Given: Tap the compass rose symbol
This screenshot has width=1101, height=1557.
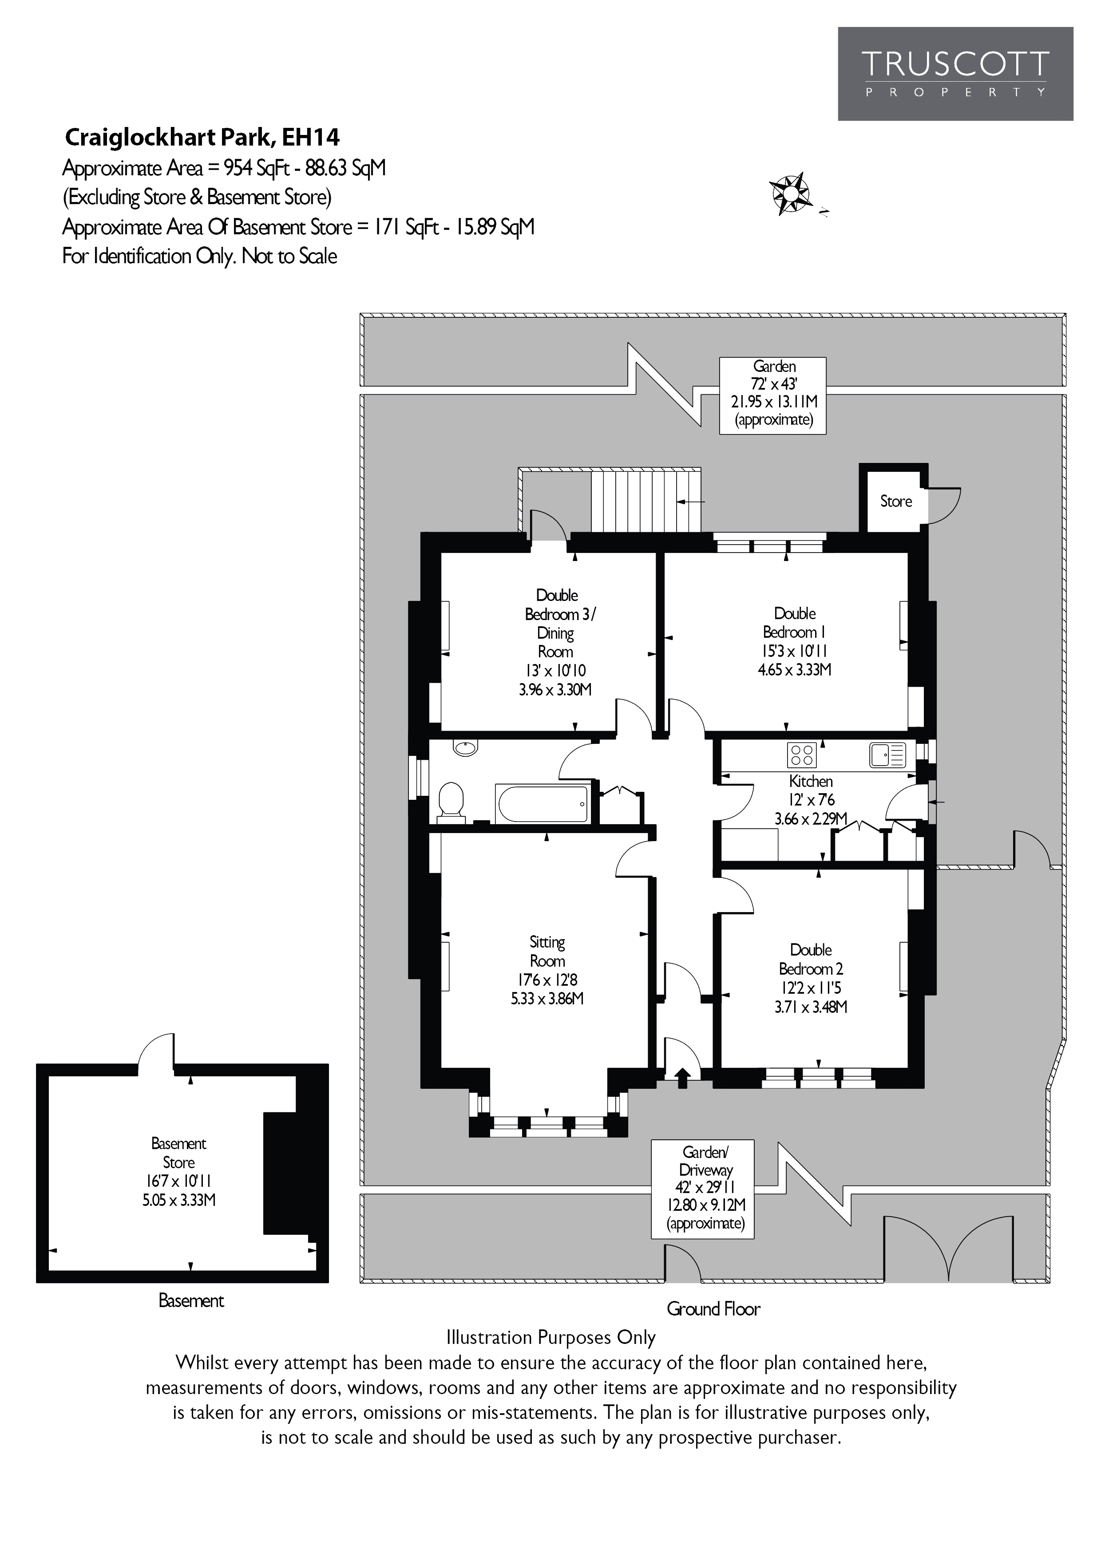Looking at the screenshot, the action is point(790,194).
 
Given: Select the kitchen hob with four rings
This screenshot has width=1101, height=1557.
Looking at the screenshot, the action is point(801,755).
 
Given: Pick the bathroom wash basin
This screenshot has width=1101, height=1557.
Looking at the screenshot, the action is point(465,748).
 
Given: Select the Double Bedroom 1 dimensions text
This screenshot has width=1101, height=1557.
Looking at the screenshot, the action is point(794,660).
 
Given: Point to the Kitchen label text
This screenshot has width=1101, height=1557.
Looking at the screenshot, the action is point(811,781).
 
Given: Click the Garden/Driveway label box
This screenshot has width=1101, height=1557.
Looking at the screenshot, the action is point(702,1188).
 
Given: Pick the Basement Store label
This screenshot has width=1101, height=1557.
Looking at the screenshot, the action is point(178,1153).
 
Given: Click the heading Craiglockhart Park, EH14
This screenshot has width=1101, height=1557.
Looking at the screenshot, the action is point(202,138).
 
